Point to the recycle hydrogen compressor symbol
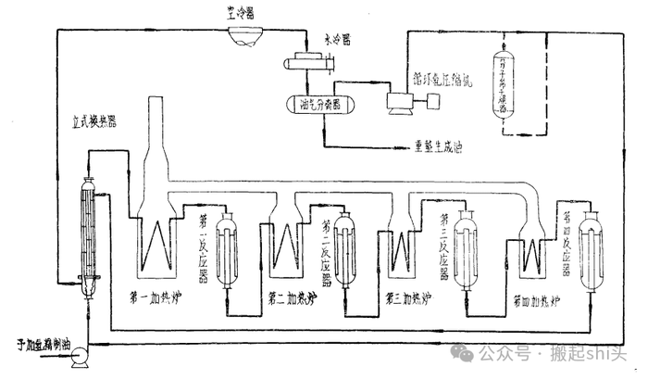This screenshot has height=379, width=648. click(x=404, y=103)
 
